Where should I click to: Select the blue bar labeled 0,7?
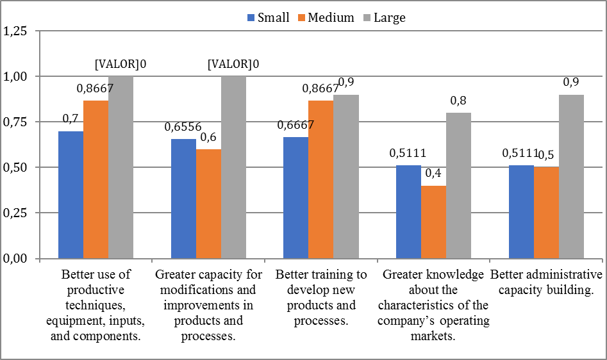coord(71,195)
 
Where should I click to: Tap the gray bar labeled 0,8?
coord(458,186)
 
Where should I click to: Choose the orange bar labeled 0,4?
coord(433,222)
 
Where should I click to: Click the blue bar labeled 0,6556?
coord(183,199)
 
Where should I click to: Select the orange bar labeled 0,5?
coord(546,213)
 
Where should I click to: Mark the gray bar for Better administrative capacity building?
coord(571,177)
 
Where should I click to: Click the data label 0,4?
coord(434,174)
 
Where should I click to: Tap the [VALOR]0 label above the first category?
coord(121,64)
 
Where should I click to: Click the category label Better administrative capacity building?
coord(546,282)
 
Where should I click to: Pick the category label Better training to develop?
coord(321,297)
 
